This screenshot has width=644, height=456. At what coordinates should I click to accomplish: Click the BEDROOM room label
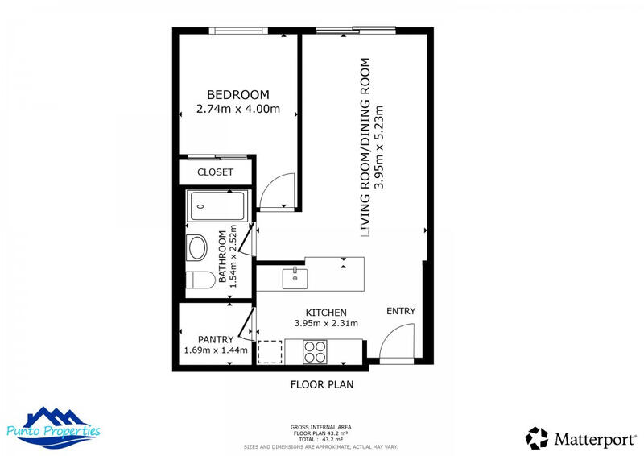[237, 94]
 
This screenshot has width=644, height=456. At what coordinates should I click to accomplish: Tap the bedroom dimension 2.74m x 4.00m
[237, 110]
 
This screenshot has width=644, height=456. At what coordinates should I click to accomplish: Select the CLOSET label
[215, 172]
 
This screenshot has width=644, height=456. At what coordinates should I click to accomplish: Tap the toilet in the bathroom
[199, 280]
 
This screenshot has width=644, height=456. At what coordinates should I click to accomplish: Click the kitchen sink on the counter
[295, 278]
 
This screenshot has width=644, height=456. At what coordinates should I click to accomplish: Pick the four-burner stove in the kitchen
[314, 351]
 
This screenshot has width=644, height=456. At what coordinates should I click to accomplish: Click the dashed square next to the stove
[269, 352]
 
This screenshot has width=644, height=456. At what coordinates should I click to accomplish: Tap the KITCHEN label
[326, 313]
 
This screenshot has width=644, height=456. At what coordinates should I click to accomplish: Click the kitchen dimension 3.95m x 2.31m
[326, 324]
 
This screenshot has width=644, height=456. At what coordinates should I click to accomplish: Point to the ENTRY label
[401, 311]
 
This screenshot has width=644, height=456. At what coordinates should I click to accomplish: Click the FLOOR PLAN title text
[321, 384]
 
